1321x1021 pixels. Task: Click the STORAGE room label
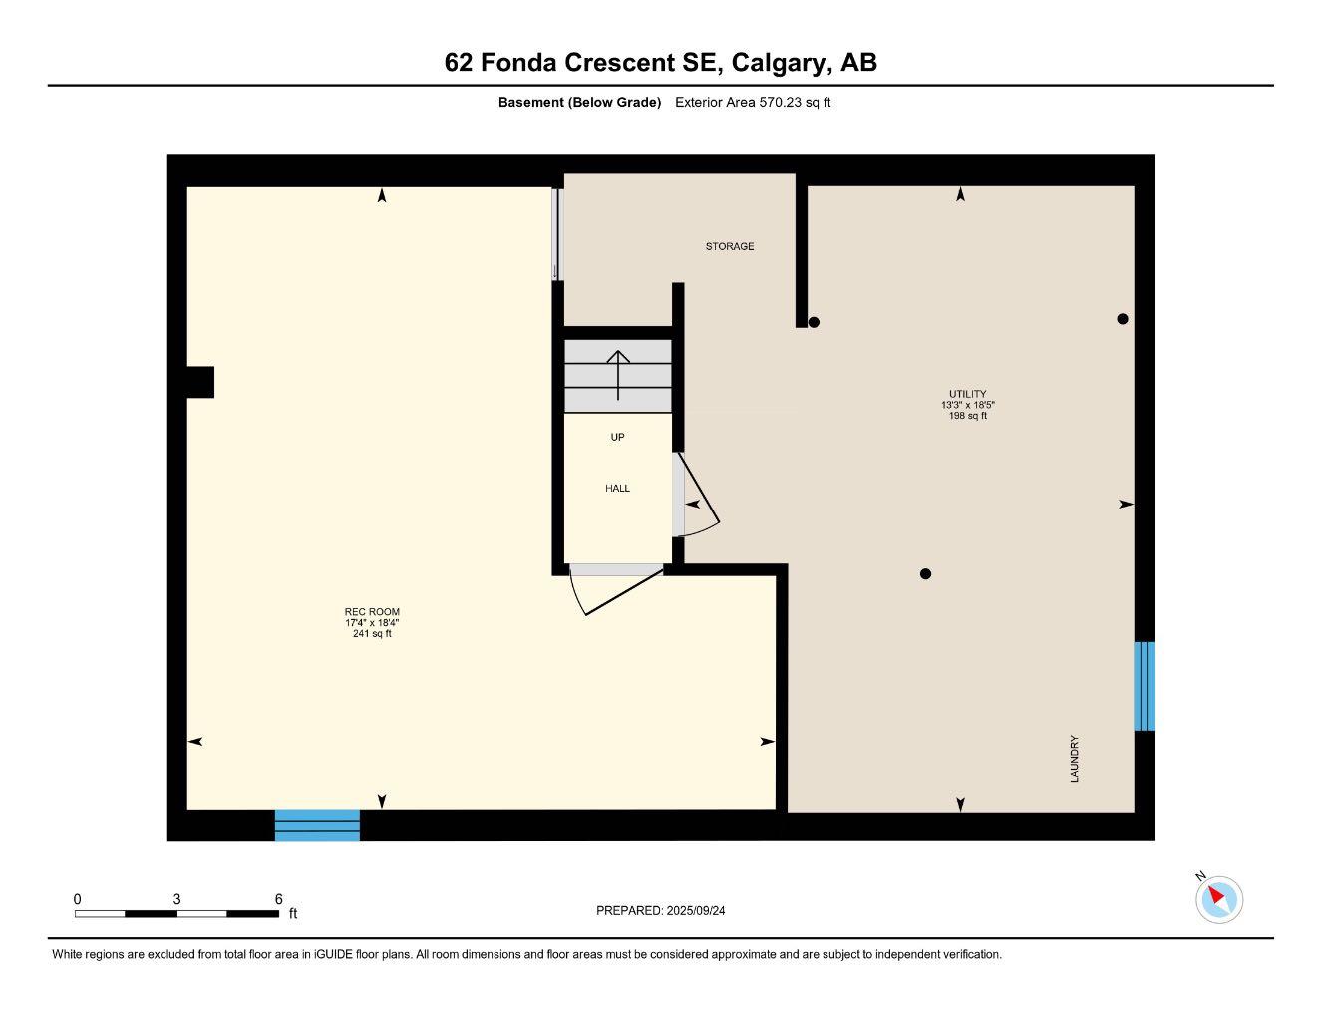point(730,246)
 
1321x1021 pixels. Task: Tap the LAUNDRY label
point(1075,759)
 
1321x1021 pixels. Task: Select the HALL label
point(617,489)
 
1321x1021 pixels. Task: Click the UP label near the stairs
point(617,437)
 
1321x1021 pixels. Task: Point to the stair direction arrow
point(618,375)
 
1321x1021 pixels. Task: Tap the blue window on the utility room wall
point(1144,686)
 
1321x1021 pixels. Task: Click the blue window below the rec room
point(317,825)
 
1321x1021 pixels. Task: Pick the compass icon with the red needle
point(1218,899)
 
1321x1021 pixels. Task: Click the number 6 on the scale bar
point(278,898)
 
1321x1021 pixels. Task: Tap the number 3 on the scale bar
point(177,898)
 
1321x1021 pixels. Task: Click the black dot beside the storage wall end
point(814,322)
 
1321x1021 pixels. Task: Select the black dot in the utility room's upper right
point(1123,319)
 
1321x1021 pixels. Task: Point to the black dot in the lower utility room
point(925,573)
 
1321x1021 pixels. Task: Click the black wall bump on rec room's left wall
point(200,382)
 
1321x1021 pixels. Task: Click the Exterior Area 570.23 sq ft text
point(753,102)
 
